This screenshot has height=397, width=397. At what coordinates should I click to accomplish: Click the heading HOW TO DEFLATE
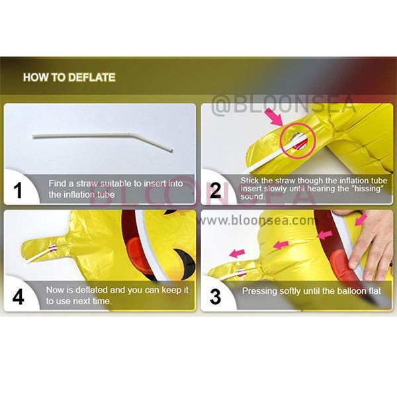pyautogui.click(x=69, y=77)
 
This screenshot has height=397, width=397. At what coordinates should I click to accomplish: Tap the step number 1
pyautogui.click(x=18, y=191)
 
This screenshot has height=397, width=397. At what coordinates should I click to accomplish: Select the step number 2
pyautogui.click(x=215, y=191)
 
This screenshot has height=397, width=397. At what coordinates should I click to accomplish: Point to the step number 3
pyautogui.click(x=215, y=297)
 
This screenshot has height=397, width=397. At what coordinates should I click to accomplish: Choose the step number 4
pyautogui.click(x=18, y=297)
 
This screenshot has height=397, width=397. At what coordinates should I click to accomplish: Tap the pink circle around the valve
pyautogui.click(x=298, y=141)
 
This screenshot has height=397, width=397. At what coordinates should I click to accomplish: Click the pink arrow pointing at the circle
pyautogui.click(x=275, y=117)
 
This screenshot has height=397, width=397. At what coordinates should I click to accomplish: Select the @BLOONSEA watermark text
pyautogui.click(x=284, y=105)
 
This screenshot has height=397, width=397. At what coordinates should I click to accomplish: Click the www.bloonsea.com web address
pyautogui.click(x=255, y=220)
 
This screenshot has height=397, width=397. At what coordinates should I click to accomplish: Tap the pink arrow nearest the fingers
pyautogui.click(x=361, y=220)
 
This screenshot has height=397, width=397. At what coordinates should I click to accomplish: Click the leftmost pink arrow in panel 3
pyautogui.click(x=237, y=253)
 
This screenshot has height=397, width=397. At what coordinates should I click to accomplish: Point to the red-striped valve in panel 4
pyautogui.click(x=54, y=248)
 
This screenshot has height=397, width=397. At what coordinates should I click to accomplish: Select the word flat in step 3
pyautogui.click(x=375, y=290)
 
